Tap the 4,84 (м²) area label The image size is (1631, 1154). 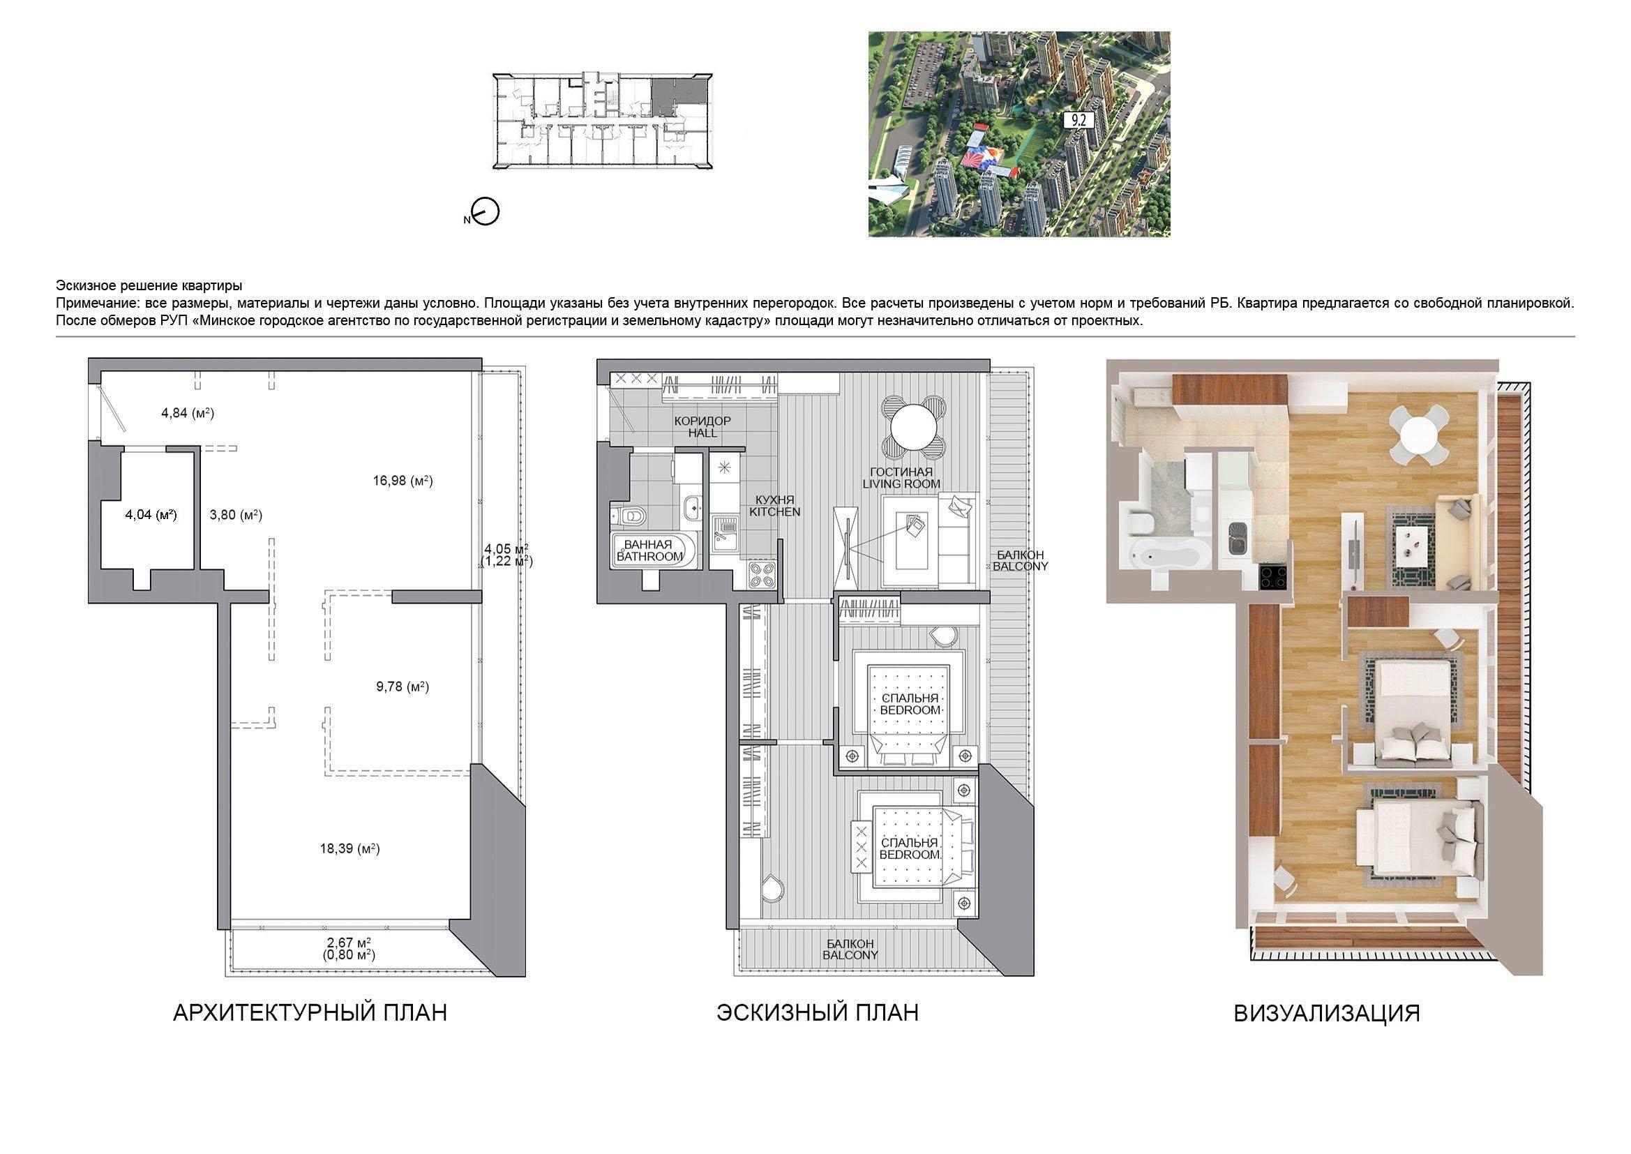(188, 413)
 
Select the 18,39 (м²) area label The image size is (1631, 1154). (349, 848)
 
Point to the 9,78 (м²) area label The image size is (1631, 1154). (403, 687)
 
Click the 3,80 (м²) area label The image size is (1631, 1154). (236, 515)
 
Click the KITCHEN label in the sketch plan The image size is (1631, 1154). (775, 511)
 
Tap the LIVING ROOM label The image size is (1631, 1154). (901, 484)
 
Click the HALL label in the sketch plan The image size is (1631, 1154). (702, 433)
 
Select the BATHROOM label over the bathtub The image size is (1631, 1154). (649, 556)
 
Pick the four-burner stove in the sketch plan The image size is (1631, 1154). (762, 574)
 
